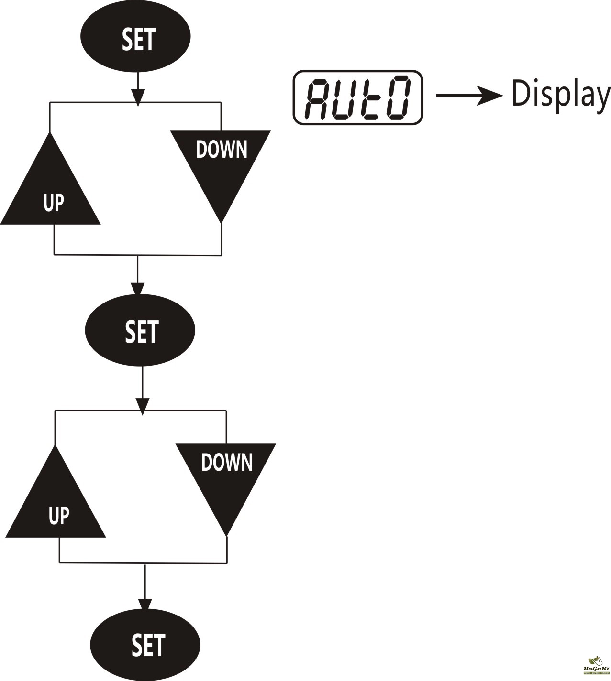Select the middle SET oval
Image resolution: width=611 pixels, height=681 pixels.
coord(140,330)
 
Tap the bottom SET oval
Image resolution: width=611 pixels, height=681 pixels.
coord(145,644)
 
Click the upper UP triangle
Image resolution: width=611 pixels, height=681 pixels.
coord(51,191)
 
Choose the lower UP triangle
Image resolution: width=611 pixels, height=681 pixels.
coord(56,504)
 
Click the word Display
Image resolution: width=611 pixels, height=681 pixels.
coord(560,95)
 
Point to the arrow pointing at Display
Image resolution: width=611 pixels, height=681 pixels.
coord(469,96)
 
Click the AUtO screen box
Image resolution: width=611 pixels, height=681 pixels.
coord(358,98)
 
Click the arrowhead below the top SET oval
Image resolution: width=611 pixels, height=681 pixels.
coord(138,98)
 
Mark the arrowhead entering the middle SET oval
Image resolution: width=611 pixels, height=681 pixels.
coord(137,289)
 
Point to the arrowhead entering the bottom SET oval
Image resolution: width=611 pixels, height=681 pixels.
coord(145,603)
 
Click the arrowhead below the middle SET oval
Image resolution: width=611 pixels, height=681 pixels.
coord(143,406)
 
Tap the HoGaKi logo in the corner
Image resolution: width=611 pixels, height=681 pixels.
coord(596,669)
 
